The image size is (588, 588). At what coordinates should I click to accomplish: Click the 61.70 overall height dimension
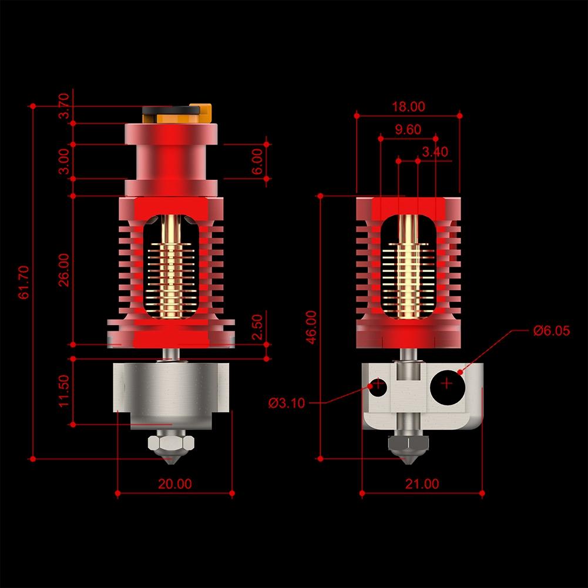[x=23, y=282]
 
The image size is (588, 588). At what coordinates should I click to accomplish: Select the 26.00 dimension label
[x=64, y=270]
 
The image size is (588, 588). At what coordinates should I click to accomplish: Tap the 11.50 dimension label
[x=64, y=391]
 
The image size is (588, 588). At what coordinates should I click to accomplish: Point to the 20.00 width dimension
[x=174, y=484]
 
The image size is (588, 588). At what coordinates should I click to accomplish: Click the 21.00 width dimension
[x=422, y=484]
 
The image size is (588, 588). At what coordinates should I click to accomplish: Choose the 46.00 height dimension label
[x=311, y=327]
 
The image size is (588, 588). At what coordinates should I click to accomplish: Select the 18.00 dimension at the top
[x=408, y=106]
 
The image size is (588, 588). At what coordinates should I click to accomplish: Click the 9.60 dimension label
[x=408, y=130]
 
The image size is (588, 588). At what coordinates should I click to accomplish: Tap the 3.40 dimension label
[x=435, y=152]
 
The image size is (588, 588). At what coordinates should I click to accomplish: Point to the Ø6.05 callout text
[x=552, y=331]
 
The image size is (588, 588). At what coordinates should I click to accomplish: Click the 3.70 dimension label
[x=64, y=106]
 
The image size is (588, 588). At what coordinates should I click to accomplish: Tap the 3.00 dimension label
[x=64, y=161]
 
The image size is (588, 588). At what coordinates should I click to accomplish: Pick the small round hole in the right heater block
[x=378, y=386]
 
